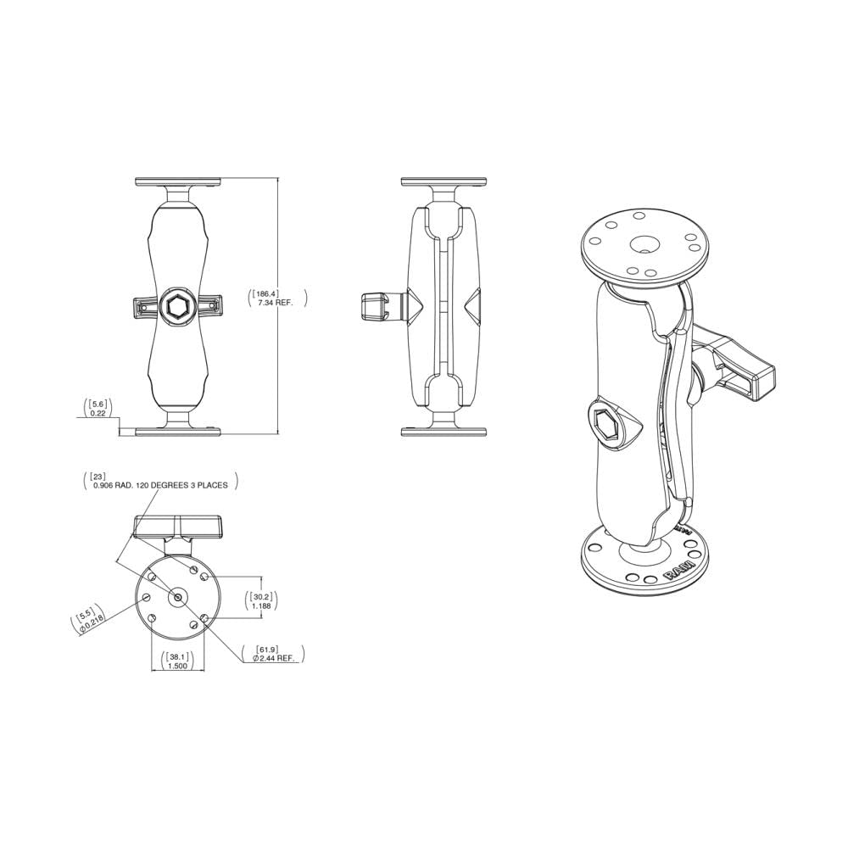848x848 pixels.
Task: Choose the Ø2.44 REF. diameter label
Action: pos(272,658)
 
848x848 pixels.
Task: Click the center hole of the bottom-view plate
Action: pos(177,597)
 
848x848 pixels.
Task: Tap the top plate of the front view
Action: pos(178,182)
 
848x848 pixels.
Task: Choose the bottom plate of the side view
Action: pos(444,432)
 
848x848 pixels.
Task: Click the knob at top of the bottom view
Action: pos(177,527)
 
